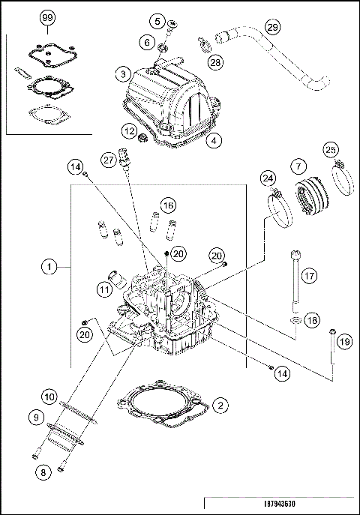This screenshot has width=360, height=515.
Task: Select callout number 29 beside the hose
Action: click(272, 27)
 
